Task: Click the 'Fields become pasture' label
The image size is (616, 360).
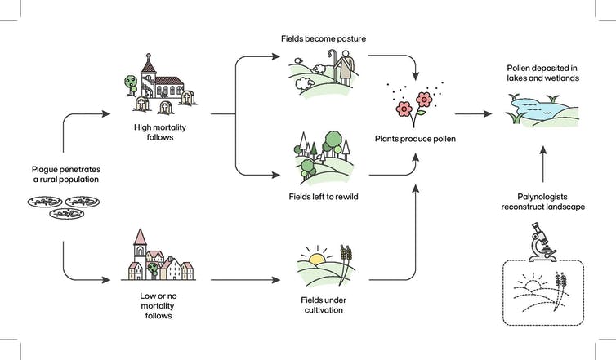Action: pos(324,38)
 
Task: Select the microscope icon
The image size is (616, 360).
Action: pos(542,242)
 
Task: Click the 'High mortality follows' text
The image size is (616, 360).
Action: pos(160,132)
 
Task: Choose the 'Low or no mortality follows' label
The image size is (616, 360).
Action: pos(158,305)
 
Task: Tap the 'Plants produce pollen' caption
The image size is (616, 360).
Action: pos(415,139)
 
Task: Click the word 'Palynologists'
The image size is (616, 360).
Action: pos(542,197)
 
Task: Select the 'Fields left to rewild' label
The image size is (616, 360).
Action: pos(324,197)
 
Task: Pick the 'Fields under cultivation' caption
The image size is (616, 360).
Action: pos(324,305)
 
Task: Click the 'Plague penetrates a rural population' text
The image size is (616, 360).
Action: pos(66,175)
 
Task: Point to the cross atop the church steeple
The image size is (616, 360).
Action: pos(148,56)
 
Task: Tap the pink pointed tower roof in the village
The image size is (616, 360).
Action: pos(140,237)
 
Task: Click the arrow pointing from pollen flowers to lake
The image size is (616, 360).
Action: pos(473,113)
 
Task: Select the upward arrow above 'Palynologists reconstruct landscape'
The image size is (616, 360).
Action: pos(543,164)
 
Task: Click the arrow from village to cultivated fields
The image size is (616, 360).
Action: pos(245,280)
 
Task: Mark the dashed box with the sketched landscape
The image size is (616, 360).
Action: pos(543,292)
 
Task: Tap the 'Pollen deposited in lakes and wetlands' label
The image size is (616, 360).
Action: pos(542,73)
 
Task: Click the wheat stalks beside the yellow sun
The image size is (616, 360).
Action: pos(346,264)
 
